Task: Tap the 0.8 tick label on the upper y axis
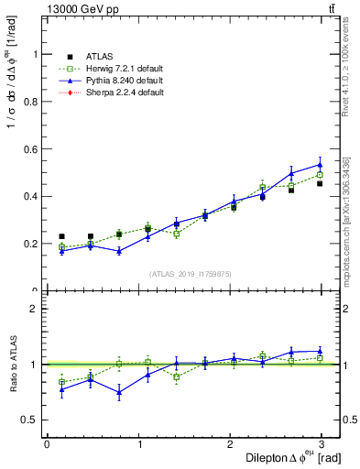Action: pyautogui.click(x=34, y=101)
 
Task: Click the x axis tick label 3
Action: pyautogui.click(x=326, y=443)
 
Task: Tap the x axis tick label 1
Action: pyautogui.click(x=140, y=443)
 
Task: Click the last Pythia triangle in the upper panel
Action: pyautogui.click(x=320, y=165)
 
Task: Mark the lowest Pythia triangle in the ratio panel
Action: pyautogui.click(x=119, y=393)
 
